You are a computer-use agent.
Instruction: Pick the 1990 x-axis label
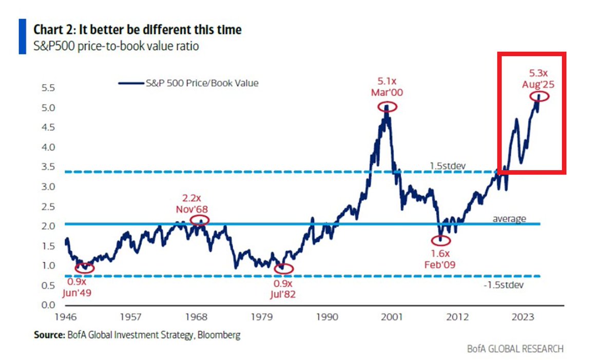point(326,317)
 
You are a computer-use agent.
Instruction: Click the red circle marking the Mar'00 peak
point(387,107)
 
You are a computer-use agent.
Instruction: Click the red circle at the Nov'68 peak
point(200,220)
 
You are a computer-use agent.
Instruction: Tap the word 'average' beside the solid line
point(509,219)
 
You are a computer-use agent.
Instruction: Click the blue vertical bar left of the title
point(22,36)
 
